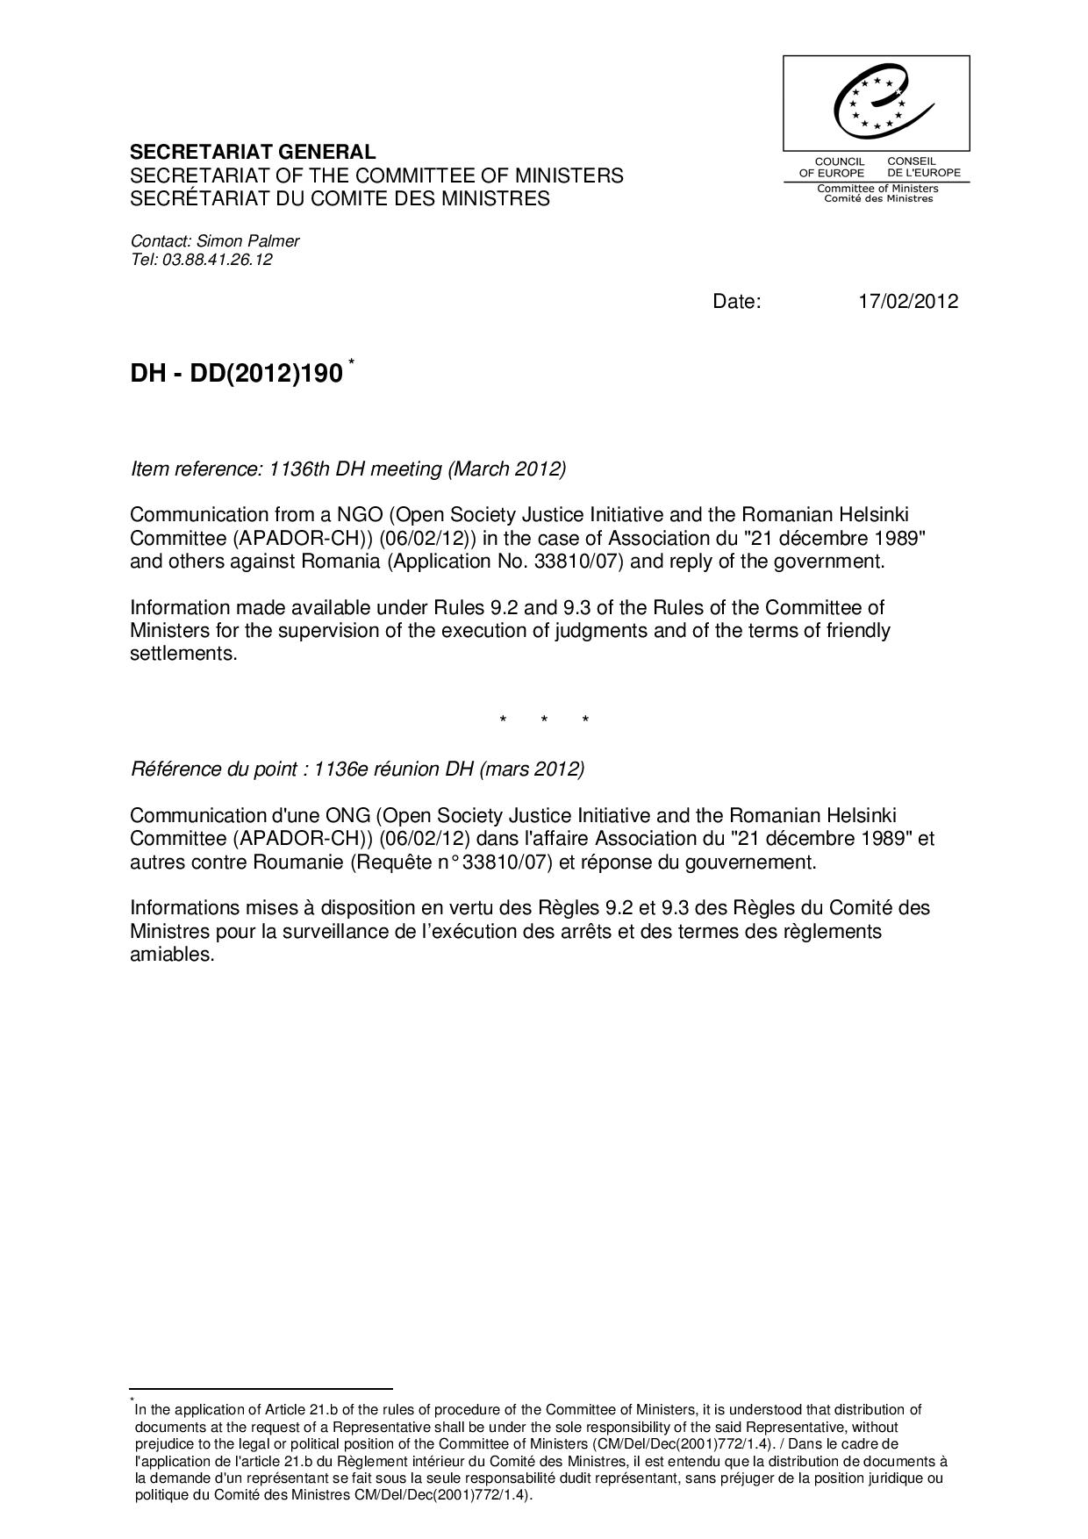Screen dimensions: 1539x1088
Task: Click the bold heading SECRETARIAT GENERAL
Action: click(x=253, y=152)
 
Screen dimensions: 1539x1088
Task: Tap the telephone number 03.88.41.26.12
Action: click(x=217, y=260)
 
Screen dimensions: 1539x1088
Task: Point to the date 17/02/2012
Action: click(x=908, y=302)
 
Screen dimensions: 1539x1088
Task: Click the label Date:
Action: click(x=737, y=302)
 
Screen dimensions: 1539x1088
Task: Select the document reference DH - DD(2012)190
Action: click(x=236, y=374)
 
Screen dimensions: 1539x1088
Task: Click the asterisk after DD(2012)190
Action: click(x=352, y=361)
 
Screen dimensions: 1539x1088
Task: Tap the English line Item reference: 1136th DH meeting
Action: click(x=348, y=469)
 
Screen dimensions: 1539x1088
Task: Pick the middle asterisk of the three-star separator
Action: click(x=544, y=721)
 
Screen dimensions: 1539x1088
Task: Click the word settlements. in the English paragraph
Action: click(x=183, y=654)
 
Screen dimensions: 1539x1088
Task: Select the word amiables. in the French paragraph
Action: click(x=172, y=954)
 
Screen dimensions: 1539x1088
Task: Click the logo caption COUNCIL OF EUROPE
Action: click(x=832, y=167)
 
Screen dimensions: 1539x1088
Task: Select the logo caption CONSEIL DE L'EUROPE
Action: click(x=923, y=167)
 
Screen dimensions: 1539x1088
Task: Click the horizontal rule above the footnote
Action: click(x=261, y=1389)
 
